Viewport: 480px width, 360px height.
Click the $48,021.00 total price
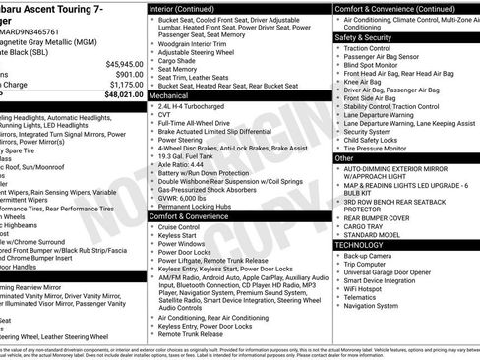coord(119,95)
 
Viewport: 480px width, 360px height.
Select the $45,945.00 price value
coord(119,63)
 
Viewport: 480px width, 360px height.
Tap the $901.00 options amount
coord(127,74)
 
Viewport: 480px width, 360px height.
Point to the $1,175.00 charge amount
coord(123,85)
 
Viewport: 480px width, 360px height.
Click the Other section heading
coord(344,157)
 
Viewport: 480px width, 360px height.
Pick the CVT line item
coord(165,114)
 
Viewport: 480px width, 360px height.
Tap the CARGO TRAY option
coord(365,227)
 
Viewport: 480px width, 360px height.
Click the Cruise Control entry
coord(180,226)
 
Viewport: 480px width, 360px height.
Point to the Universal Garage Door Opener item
coord(387,271)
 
